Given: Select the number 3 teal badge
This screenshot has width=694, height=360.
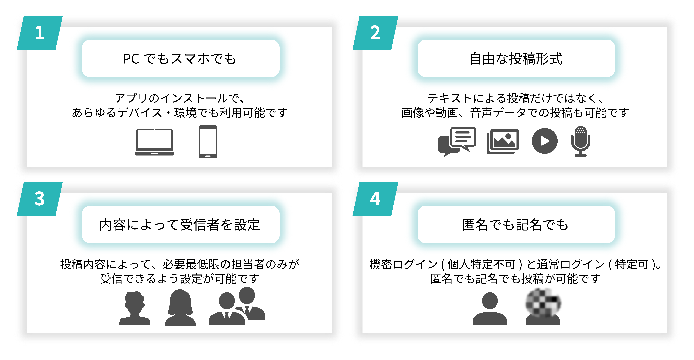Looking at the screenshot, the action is pos(40,199).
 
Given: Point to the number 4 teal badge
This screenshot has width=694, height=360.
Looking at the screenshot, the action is pos(375,199).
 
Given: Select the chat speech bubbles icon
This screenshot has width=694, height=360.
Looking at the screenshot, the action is pos(457,142).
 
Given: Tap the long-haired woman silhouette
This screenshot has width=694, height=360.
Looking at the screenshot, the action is pos(180,307).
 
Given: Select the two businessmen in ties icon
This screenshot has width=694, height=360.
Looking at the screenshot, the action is pos(237,306).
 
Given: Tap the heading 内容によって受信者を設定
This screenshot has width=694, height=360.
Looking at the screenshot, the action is pos(180,225).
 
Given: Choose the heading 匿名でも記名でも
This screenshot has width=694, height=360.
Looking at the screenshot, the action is pos(515,225).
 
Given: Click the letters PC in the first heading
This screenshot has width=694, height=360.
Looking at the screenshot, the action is pos(131,59).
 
